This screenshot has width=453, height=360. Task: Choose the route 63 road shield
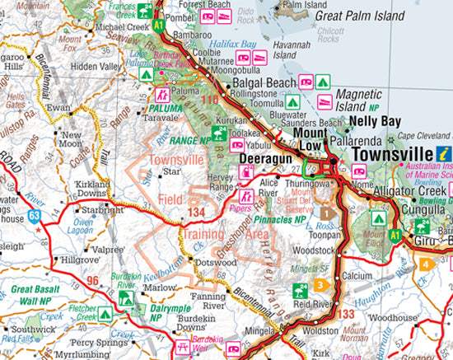(x=33, y=217)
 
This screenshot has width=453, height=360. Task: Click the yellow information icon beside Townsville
(x=445, y=153)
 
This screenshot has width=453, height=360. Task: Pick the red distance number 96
(x=94, y=281)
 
